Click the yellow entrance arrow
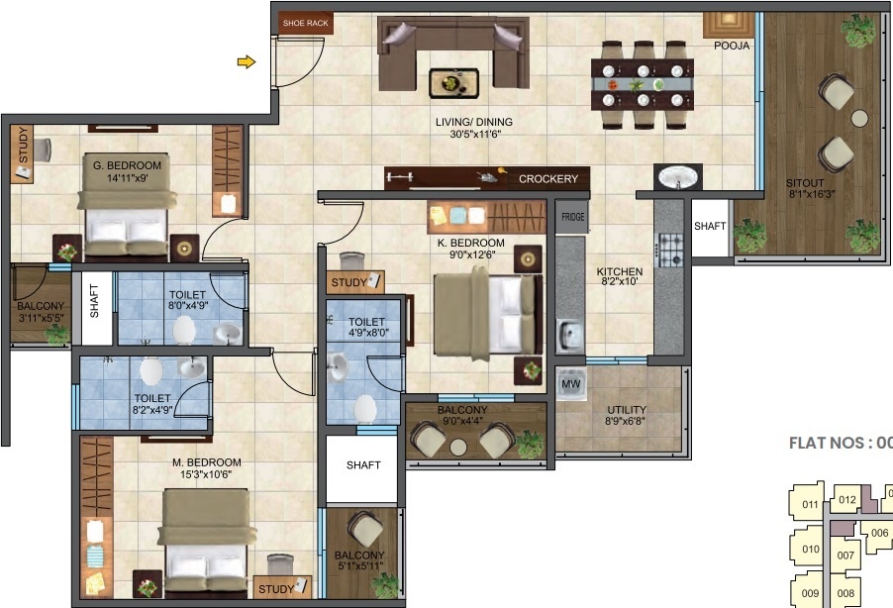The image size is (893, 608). [246, 63]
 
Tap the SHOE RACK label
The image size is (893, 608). [306, 22]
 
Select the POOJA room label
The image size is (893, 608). [732, 46]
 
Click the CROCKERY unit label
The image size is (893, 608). [547, 179]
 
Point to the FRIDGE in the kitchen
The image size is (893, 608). [572, 217]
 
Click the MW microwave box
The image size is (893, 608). [570, 383]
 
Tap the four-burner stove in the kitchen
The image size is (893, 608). [672, 245]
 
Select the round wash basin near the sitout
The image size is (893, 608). [679, 177]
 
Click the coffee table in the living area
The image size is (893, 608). [453, 82]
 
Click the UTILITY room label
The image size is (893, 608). [626, 410]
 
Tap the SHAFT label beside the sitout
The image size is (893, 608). [710, 226]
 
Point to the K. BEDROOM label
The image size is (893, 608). [472, 243]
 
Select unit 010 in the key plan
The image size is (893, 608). [811, 550]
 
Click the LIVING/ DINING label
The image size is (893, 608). [474, 123]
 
